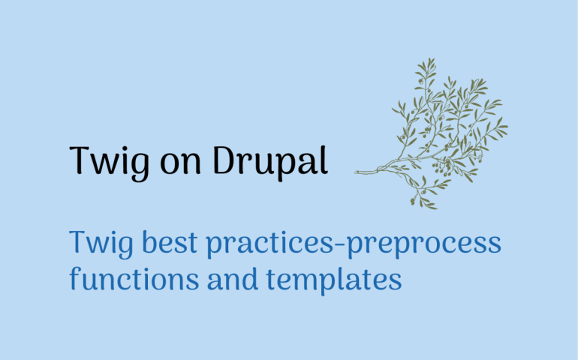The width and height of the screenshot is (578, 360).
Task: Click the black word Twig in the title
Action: [x=109, y=163]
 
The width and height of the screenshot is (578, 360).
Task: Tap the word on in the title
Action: [x=181, y=165]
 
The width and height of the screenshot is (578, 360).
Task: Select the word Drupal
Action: [x=270, y=162]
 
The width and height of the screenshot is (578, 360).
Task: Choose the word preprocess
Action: [x=424, y=245]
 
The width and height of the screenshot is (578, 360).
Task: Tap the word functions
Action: [x=134, y=278]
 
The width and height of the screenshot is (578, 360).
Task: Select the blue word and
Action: [x=233, y=278]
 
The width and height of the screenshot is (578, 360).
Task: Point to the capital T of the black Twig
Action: [x=80, y=160]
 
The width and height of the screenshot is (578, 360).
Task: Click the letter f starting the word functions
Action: [x=75, y=278]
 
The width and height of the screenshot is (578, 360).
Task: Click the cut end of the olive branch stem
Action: [x=357, y=172]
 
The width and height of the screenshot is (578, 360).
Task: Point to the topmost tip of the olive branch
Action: [x=432, y=58]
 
